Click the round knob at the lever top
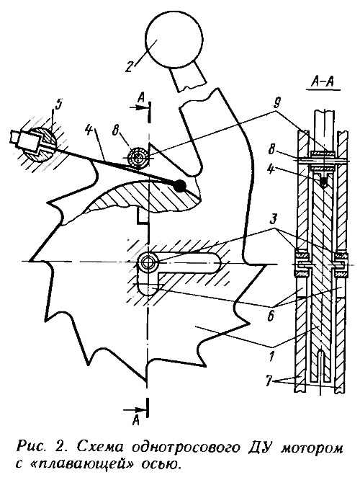click(174, 40)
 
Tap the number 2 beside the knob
click(129, 65)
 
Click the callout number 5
click(58, 104)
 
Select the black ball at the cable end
click(179, 186)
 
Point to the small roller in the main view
click(138, 159)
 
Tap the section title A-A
click(323, 81)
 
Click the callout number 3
click(274, 220)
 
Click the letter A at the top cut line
click(141, 97)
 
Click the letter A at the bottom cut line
click(136, 421)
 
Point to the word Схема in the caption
click(100, 448)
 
